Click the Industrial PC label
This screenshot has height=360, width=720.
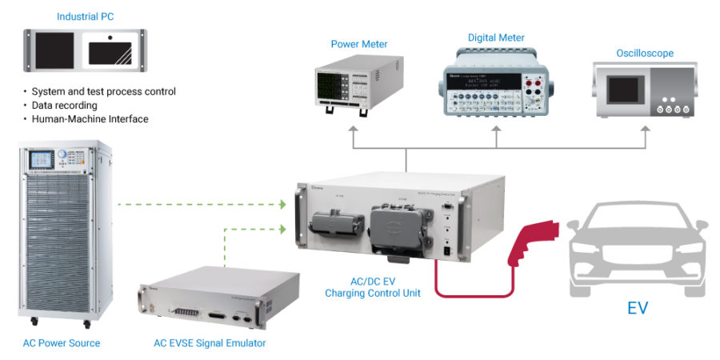point(85,16)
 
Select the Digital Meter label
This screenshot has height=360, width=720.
point(495,38)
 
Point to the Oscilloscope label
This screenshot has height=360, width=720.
point(644,54)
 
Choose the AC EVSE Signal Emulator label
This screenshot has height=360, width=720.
point(210,343)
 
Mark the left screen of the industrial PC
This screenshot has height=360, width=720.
point(54,53)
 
